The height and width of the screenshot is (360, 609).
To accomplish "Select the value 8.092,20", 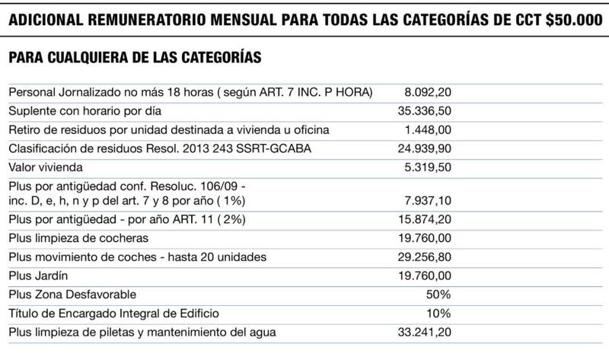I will coord(429,93).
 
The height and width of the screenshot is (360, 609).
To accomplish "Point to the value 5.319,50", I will coord(429,166).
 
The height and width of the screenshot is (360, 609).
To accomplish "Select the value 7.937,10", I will coord(429,202).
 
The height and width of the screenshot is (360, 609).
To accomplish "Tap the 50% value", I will coord(439,294).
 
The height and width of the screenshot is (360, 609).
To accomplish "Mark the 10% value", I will coord(440,312).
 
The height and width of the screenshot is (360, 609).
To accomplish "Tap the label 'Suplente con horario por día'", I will coord(81,111).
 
